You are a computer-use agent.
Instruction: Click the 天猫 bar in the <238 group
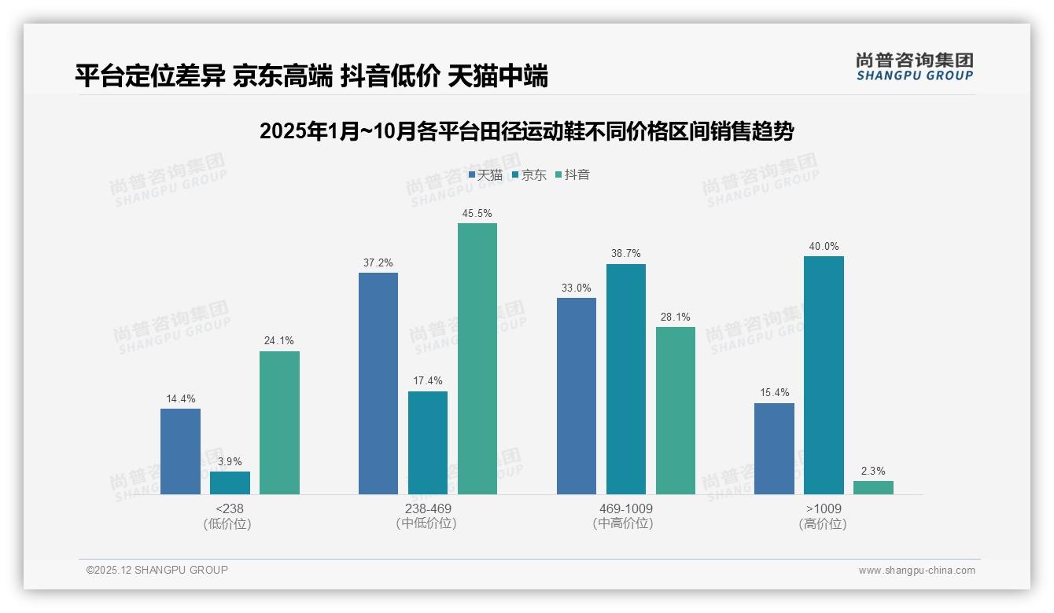pos(180,451)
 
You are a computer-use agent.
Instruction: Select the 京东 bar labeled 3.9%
pos(230,483)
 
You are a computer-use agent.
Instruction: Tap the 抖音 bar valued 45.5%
pos(477,358)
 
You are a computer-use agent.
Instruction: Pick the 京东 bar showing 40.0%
pos(824,375)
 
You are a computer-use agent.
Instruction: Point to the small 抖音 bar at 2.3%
pos(873,487)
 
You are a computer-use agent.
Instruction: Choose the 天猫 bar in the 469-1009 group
pos(577,395)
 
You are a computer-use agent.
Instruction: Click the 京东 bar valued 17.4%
pos(428,442)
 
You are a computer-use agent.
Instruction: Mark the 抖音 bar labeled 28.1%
pos(676,410)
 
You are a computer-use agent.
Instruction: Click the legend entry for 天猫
pos(485,175)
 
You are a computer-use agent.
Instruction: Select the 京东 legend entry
pos(529,175)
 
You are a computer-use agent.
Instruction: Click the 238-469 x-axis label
pos(428,508)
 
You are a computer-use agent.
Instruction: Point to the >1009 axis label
pos(824,508)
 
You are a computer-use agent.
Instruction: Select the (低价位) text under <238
pos(227,523)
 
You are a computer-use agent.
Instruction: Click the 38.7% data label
pos(626,254)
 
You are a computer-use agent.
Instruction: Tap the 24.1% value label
pos(279,341)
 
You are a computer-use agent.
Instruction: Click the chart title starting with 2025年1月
pos(526,131)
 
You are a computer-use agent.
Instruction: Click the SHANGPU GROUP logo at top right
pos(915,67)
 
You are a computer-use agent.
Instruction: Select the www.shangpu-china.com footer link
pos(916,571)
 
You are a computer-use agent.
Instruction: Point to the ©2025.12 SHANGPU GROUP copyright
pos(157,570)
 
